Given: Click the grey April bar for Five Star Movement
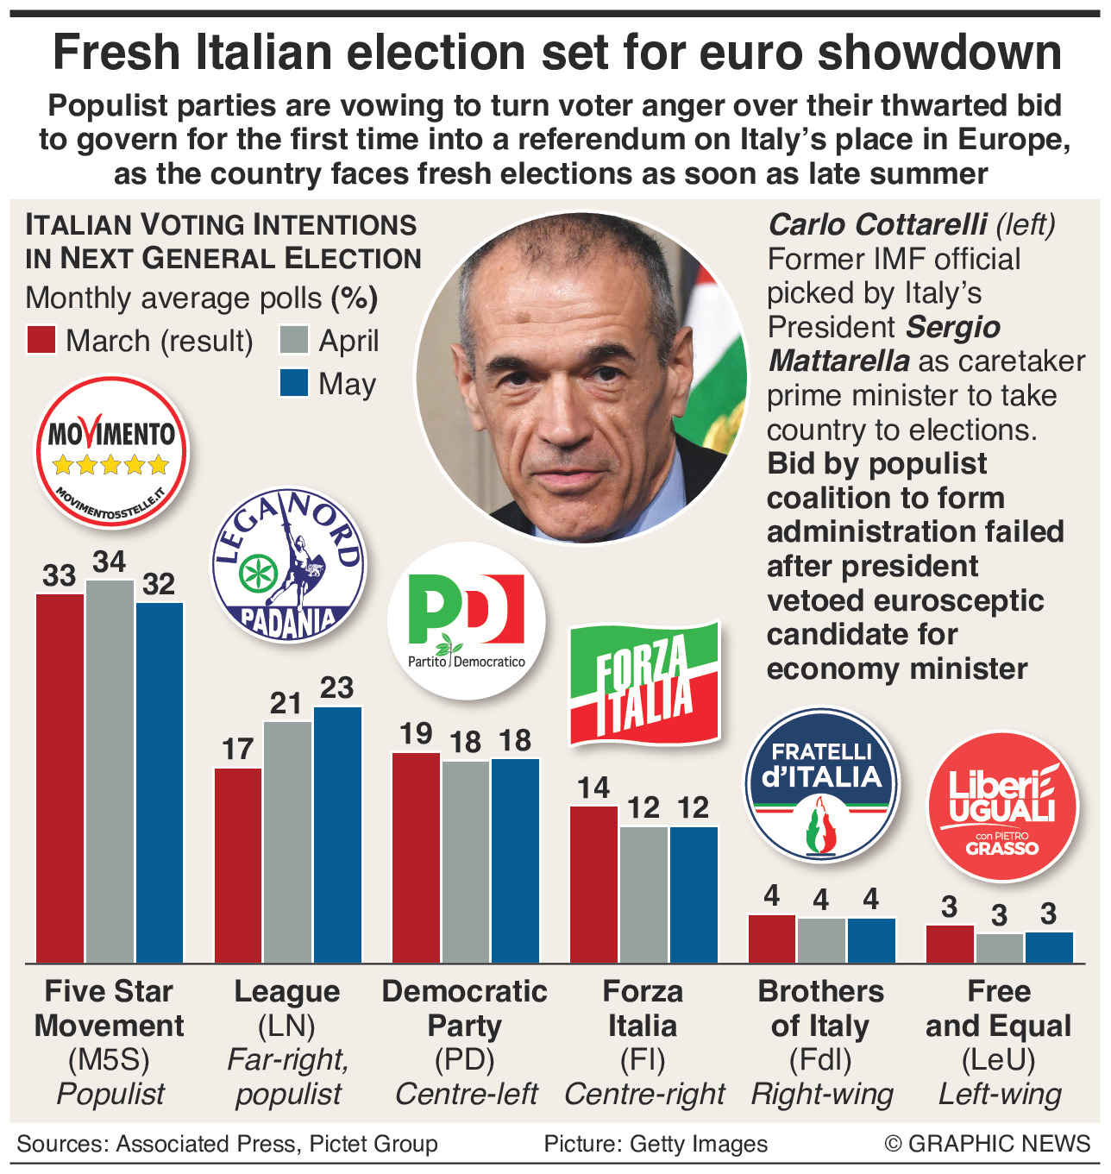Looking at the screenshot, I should click(110, 771).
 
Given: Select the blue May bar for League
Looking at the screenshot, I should click(337, 834).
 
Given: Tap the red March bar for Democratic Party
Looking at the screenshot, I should click(416, 857).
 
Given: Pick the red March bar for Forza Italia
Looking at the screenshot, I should click(594, 884).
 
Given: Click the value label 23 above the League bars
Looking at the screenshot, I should click(336, 688).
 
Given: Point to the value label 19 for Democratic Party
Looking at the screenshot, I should click(416, 734).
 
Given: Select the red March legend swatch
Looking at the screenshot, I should click(41, 340).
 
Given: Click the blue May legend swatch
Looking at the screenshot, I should click(294, 382).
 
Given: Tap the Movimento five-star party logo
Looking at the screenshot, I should click(111, 451).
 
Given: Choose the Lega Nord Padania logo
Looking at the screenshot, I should click(288, 565).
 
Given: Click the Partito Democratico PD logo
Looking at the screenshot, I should click(467, 620).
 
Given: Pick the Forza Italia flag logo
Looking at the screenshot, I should click(644, 682).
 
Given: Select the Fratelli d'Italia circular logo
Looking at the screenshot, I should click(822, 784).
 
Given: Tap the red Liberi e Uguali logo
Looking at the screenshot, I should click(1002, 807).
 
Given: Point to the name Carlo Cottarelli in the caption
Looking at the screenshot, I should click(877, 224).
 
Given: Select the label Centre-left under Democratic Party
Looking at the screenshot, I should click(466, 1094).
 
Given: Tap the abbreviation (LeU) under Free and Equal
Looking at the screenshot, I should click(999, 1059).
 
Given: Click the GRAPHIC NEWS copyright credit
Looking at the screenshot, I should click(988, 1144).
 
